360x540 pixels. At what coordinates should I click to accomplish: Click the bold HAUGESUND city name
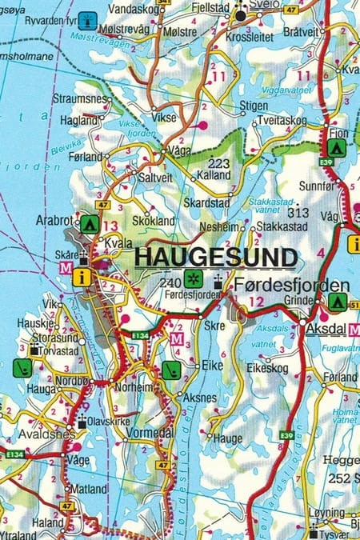pyautogui.click(x=216, y=257)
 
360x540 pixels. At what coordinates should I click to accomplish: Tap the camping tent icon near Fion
pyautogui.click(x=335, y=147)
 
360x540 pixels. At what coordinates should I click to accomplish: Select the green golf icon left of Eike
pyautogui.click(x=170, y=370)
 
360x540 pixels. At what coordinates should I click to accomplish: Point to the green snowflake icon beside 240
pyautogui.click(x=192, y=281)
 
